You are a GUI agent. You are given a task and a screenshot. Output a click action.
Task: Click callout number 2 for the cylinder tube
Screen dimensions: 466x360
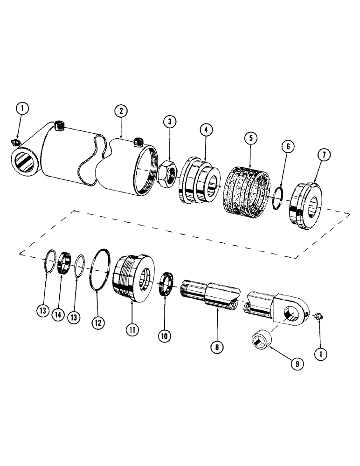(x=120, y=111)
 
